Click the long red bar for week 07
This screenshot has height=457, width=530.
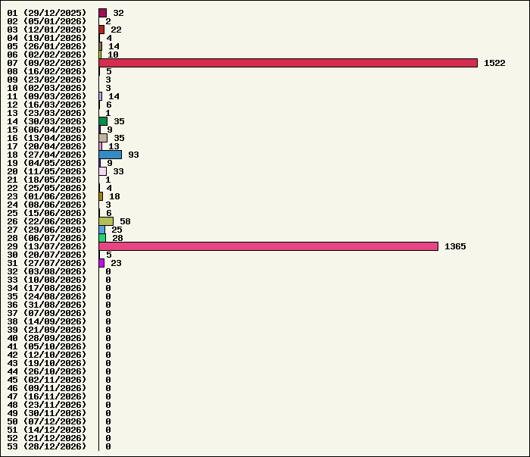pos(288,63)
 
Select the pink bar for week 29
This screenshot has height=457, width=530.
pos(268,246)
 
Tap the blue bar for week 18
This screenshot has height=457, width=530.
pos(111,155)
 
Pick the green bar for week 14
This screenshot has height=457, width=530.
pos(103,121)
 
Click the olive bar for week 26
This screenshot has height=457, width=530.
pos(106,221)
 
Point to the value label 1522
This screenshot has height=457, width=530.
pos(494,63)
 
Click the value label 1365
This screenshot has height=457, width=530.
pos(455,246)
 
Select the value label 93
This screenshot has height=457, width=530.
pos(133,155)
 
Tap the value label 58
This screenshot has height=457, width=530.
pos(125,221)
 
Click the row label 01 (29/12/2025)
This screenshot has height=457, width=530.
pos(47,13)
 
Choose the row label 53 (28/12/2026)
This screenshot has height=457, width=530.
pos(47,446)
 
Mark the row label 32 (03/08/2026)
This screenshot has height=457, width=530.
pos(47,271)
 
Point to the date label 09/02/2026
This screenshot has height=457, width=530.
pos(55,63)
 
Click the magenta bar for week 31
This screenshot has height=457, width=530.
pos(101,263)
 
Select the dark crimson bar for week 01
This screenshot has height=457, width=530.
pos(103,13)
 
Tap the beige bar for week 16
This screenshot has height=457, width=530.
pos(103,138)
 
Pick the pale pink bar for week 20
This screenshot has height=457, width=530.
pos(103,171)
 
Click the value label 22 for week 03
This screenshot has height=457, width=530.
pos(116,30)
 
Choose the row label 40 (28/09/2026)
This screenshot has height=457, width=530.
pos(47,338)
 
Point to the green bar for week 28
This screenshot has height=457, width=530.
pos(102,238)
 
